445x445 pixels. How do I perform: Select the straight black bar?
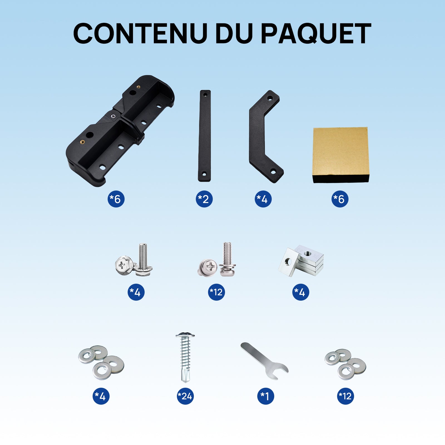point(204,136)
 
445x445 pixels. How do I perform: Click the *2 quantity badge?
point(204,199)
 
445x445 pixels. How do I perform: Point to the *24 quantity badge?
point(185,396)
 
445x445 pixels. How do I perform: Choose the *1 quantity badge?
point(265,396)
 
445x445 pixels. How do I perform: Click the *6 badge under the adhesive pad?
point(340,199)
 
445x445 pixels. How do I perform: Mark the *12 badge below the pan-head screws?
point(216,292)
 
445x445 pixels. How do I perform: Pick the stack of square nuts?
point(302,261)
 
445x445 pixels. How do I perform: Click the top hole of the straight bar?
point(205,95)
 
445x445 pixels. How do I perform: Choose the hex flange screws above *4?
point(134,261)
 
